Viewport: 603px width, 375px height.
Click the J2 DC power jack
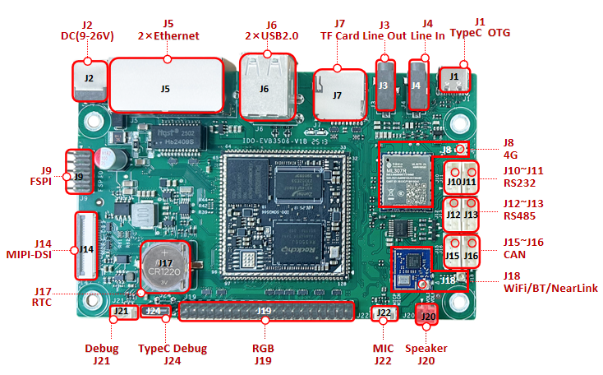(90, 80)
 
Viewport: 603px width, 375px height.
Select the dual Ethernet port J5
(167, 85)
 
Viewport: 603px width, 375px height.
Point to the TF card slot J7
(337, 94)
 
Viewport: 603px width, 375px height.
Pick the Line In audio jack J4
(418, 84)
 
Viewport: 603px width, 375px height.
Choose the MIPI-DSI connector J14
(86, 247)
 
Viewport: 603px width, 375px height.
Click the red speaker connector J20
(426, 314)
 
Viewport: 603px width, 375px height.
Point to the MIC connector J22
(383, 312)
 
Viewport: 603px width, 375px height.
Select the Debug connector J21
(121, 311)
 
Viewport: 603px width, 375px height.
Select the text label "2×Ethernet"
(168, 35)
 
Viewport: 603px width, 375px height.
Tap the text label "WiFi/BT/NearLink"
(550, 288)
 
